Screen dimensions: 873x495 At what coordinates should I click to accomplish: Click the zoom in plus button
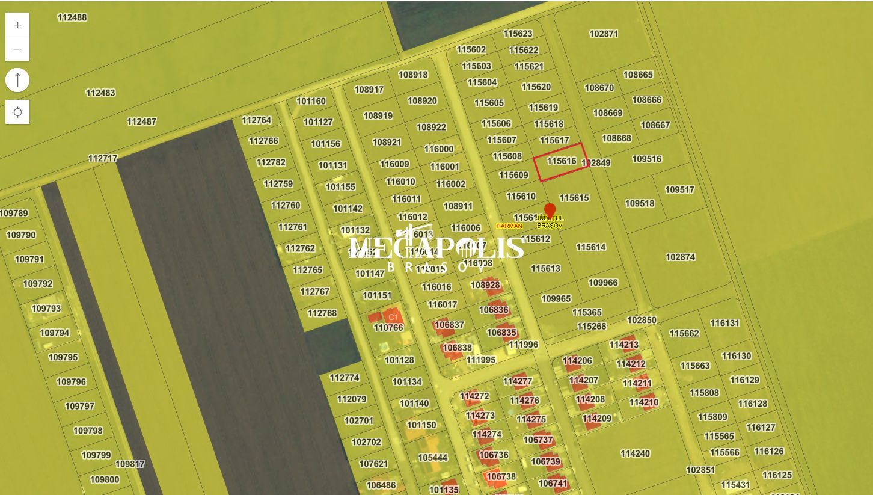(17, 25)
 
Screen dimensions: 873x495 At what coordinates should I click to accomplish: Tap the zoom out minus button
(17, 49)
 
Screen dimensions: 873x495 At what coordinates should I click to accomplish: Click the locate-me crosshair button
(17, 112)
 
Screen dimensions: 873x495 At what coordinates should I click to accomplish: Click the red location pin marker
(550, 211)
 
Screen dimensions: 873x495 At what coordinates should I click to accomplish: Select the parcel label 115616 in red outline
(562, 161)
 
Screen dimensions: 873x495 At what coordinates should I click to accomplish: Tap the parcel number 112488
(72, 17)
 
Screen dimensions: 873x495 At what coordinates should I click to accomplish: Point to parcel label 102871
(604, 34)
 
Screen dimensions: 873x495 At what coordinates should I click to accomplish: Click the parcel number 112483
(100, 93)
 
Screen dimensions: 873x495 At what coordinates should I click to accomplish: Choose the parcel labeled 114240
(635, 453)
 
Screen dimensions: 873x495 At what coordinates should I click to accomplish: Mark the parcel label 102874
(680, 257)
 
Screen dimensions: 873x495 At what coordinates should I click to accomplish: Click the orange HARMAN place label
(509, 226)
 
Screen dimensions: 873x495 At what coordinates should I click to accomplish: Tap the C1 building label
(393, 317)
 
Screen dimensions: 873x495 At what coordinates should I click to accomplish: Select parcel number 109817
(130, 464)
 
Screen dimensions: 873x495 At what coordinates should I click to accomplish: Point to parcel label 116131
(724, 323)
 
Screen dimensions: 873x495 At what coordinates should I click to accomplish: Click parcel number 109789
(14, 213)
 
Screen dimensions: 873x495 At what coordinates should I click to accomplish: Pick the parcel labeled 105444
(433, 457)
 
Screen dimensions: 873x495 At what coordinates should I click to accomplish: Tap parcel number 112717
(103, 158)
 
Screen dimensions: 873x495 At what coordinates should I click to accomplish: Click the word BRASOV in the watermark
(437, 267)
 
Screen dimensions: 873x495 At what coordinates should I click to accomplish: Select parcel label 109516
(646, 159)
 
